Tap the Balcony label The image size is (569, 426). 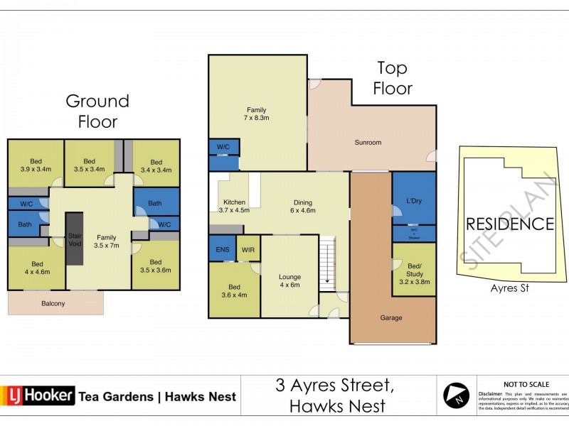[x=53, y=304]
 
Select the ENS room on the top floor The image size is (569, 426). [x=221, y=249]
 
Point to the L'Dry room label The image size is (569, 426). [x=413, y=201]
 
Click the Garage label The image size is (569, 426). [x=390, y=318]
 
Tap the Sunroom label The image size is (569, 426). [x=368, y=143]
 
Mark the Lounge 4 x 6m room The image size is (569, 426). [x=289, y=281]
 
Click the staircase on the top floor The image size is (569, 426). [x=327, y=261]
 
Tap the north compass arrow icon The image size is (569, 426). [x=456, y=395]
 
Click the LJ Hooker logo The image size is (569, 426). [x=38, y=395]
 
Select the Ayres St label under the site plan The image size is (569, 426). [x=510, y=288]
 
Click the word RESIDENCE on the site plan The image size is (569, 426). [x=509, y=224]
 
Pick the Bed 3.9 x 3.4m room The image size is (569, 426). [x=35, y=165]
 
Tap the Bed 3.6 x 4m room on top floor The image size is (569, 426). [x=234, y=291]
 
